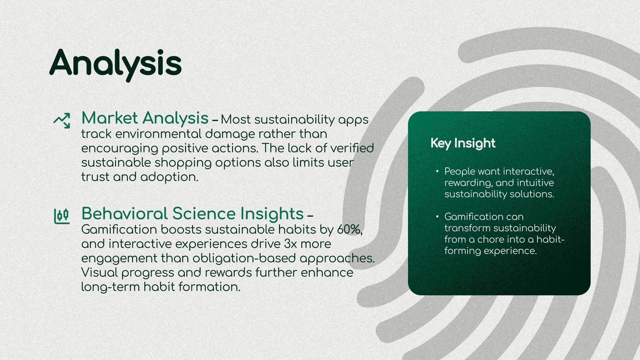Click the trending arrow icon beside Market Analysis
(x=62, y=120)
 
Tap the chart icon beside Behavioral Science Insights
(x=62, y=216)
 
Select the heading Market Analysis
(x=145, y=118)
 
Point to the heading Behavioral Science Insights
(x=193, y=214)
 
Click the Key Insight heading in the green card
(x=463, y=143)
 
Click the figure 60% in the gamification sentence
(x=350, y=230)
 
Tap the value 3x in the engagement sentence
(x=290, y=244)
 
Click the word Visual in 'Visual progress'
(x=99, y=273)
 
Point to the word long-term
(x=110, y=287)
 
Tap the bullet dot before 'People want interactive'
(x=437, y=171)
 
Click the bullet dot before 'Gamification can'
(x=437, y=216)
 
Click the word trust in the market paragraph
(x=95, y=177)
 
